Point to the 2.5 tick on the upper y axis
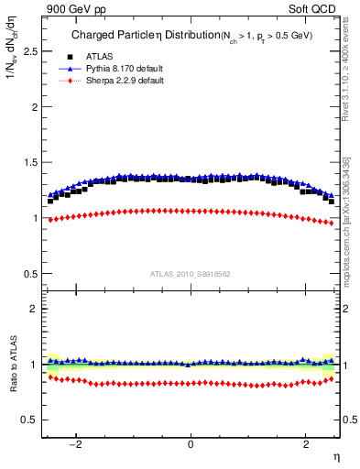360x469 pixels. click(x=29, y=51)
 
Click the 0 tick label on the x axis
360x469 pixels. click(x=191, y=444)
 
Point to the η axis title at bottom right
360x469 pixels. click(x=335, y=455)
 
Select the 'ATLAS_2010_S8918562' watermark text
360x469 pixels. click(x=190, y=274)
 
